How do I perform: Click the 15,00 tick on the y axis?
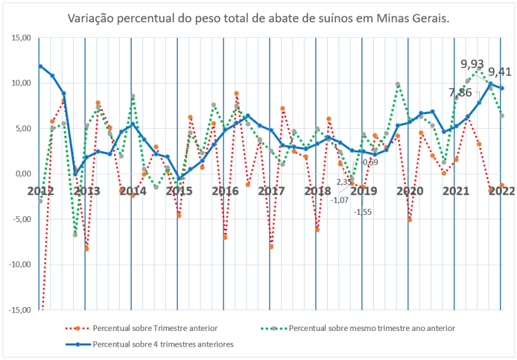point(21,38)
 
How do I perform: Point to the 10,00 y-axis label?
point(21,83)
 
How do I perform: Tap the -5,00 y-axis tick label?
point(21,219)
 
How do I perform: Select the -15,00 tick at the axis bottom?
point(20,310)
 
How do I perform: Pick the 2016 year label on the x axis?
point(224,190)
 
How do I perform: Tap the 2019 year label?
point(363,190)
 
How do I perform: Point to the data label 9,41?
point(500,71)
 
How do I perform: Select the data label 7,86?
point(460,93)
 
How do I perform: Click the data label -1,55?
point(363,212)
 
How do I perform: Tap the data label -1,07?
point(340,200)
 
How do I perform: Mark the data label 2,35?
point(344,182)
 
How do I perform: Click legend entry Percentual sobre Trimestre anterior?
point(155,328)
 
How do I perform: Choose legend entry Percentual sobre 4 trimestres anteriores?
point(163,344)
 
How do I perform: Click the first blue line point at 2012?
point(40,66)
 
